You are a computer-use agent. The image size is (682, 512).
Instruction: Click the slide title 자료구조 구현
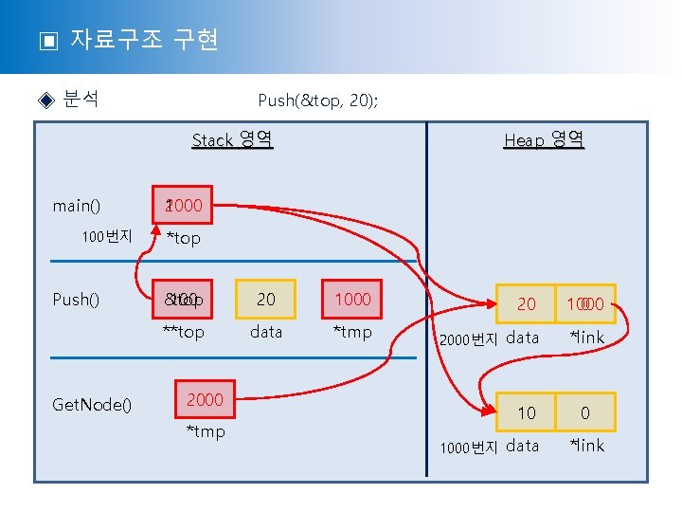pyautogui.click(x=144, y=40)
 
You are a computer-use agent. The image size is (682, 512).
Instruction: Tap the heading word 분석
pyautogui.click(x=81, y=100)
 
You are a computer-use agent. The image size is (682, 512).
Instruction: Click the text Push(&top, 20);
pyautogui.click(x=317, y=101)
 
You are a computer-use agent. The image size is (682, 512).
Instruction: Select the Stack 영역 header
pyautogui.click(x=232, y=140)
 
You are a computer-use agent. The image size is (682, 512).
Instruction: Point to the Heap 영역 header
pyautogui.click(x=544, y=140)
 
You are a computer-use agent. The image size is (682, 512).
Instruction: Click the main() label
pyautogui.click(x=77, y=205)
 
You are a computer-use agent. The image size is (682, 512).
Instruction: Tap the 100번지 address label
pyautogui.click(x=106, y=236)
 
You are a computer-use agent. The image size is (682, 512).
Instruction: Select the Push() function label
pyautogui.click(x=76, y=300)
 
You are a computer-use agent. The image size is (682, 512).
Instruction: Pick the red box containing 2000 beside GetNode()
pyautogui.click(x=205, y=399)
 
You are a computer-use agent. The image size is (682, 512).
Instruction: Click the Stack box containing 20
pyautogui.click(x=266, y=299)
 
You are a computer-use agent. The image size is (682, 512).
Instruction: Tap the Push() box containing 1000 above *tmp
pyautogui.click(x=352, y=299)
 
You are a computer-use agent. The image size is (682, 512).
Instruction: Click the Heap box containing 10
pyautogui.click(x=526, y=412)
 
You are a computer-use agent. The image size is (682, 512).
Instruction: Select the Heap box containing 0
pyautogui.click(x=585, y=412)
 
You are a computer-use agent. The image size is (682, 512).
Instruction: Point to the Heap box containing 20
pyautogui.click(x=526, y=303)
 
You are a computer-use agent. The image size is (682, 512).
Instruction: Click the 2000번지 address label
pyautogui.click(x=467, y=339)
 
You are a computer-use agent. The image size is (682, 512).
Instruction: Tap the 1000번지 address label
pyautogui.click(x=467, y=447)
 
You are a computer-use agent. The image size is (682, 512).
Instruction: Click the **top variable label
pyautogui.click(x=183, y=332)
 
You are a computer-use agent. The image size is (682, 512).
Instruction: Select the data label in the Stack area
pyautogui.click(x=266, y=332)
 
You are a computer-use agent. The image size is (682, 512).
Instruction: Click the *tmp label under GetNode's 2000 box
pyautogui.click(x=205, y=432)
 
